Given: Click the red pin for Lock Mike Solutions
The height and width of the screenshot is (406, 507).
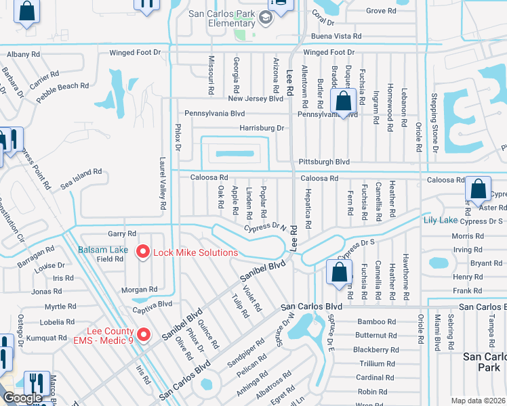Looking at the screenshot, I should coord(143,252).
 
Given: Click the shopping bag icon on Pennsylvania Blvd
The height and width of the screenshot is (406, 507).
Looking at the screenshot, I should coord(344,102).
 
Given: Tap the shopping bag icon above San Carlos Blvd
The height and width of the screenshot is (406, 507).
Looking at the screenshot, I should coord(338,272).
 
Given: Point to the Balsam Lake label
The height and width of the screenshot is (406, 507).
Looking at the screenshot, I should coord(102,250).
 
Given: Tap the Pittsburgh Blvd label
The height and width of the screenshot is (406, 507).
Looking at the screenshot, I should coord(324,162).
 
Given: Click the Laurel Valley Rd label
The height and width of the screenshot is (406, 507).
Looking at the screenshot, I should coord(163,183).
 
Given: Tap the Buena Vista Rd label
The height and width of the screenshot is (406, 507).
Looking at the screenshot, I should coord(336,37).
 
